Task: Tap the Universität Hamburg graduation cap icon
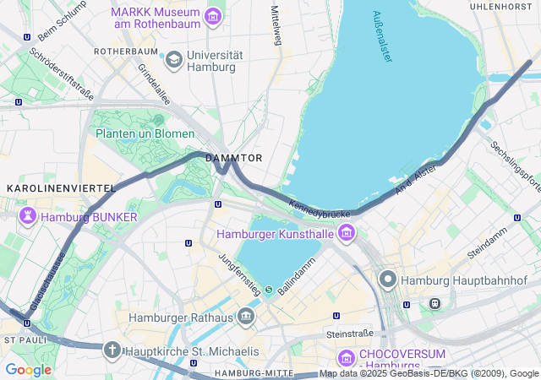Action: pyautogui.click(x=174, y=59)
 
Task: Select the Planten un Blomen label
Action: pyautogui.click(x=145, y=133)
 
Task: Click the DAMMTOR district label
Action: pyautogui.click(x=234, y=158)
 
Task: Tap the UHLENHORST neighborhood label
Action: pyautogui.click(x=505, y=6)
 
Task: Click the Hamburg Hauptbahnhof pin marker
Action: pyautogui.click(x=388, y=279)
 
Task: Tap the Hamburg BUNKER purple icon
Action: pyautogui.click(x=28, y=217)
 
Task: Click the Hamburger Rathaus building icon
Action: pyautogui.click(x=246, y=318)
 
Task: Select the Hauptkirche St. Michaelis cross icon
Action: pyautogui.click(x=112, y=350)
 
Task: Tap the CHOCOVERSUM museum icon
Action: pyautogui.click(x=346, y=356)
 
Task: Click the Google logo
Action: pyautogui.click(x=28, y=370)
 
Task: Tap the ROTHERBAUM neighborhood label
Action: pyautogui.click(x=126, y=52)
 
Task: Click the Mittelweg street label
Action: pyautogui.click(x=275, y=25)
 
